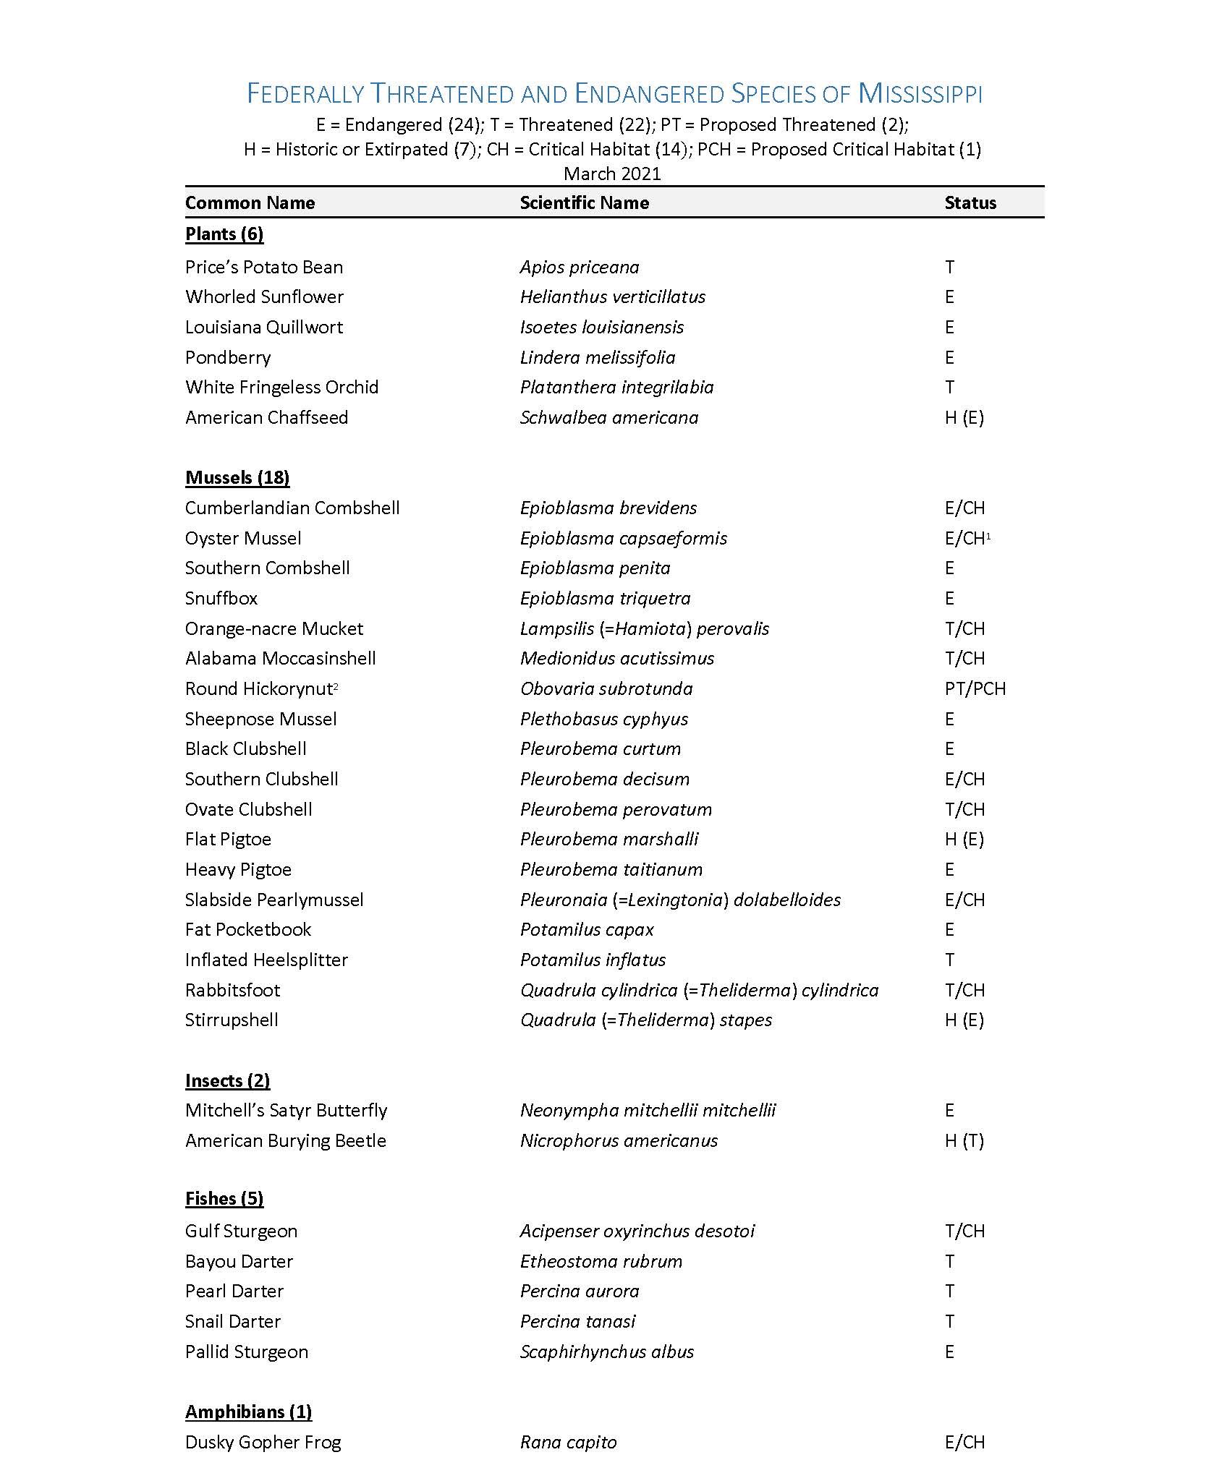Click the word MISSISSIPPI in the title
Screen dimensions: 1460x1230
pyautogui.click(x=920, y=94)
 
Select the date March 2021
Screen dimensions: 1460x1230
pyautogui.click(x=612, y=174)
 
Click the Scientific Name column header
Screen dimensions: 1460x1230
pyautogui.click(x=584, y=202)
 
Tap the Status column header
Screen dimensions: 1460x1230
pyautogui.click(x=970, y=202)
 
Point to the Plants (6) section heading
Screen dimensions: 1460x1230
pyautogui.click(x=224, y=234)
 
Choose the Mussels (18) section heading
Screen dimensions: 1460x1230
pyautogui.click(x=237, y=477)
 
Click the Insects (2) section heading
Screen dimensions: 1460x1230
pyautogui.click(x=227, y=1080)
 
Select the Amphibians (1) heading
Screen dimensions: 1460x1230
pyautogui.click(x=248, y=1412)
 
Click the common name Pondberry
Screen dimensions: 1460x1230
pyautogui.click(x=228, y=357)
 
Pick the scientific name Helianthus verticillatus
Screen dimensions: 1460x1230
pyautogui.click(x=612, y=296)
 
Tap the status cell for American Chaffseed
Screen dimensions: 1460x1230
pyautogui.click(x=964, y=417)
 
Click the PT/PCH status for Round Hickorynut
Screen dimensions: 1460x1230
pyautogui.click(x=975, y=688)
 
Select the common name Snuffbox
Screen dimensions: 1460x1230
pyautogui.click(x=221, y=598)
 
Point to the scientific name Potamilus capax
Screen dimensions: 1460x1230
pyautogui.click(x=587, y=929)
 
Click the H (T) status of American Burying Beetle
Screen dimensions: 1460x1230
pyautogui.click(x=964, y=1140)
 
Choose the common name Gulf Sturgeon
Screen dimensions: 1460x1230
pyautogui.click(x=241, y=1231)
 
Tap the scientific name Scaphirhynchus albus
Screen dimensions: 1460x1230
pyautogui.click(x=606, y=1352)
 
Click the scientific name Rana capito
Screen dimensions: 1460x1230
pyautogui.click(x=568, y=1442)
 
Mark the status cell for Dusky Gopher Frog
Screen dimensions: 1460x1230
pyautogui.click(x=964, y=1442)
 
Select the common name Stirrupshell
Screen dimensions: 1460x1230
pyautogui.click(x=232, y=1020)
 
